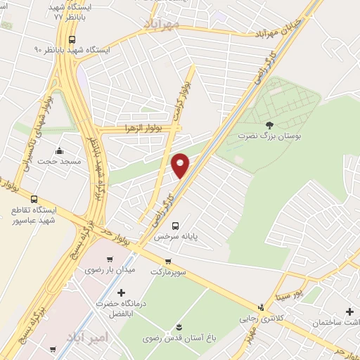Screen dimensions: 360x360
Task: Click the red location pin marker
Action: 181,166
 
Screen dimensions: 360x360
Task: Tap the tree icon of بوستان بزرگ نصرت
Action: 269,124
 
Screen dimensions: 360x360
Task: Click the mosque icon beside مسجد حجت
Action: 59,150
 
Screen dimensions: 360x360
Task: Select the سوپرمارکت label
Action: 167,271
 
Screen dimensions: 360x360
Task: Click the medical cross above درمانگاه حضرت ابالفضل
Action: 121,292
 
